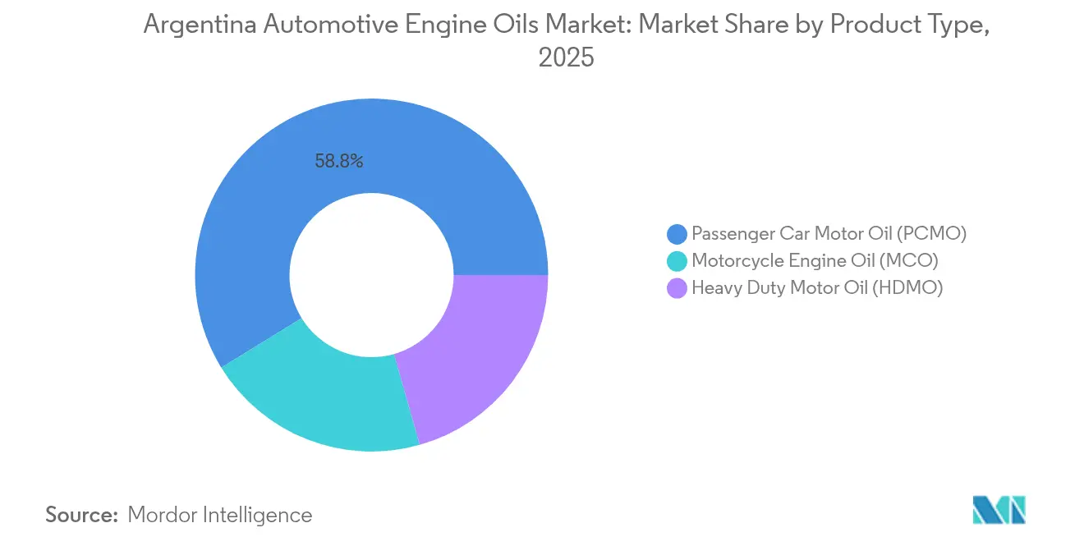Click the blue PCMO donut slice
[x=271, y=205]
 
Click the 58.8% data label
[x=339, y=162]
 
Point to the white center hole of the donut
[x=371, y=275]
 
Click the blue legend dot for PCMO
[x=677, y=234]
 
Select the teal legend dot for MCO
[x=677, y=261]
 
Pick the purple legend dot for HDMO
[x=677, y=288]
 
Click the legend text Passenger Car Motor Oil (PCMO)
[x=829, y=233]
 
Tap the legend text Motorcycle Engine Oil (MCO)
[x=815, y=260]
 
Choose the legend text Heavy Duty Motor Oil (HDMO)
[x=817, y=287]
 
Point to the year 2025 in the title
[x=566, y=57]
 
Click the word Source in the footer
[x=82, y=515]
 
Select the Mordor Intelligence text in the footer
[x=220, y=515]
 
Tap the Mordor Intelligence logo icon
[x=999, y=510]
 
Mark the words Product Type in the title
[x=909, y=25]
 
